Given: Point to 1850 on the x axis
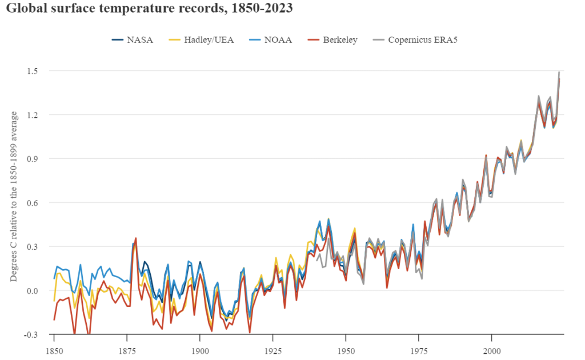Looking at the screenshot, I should (54, 349).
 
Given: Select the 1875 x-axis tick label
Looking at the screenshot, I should (127, 349).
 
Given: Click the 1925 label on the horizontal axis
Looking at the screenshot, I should (273, 349).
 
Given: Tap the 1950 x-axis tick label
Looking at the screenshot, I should (346, 349).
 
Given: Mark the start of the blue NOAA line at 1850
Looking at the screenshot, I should (54, 279).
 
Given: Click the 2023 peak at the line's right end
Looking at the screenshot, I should (559, 73).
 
